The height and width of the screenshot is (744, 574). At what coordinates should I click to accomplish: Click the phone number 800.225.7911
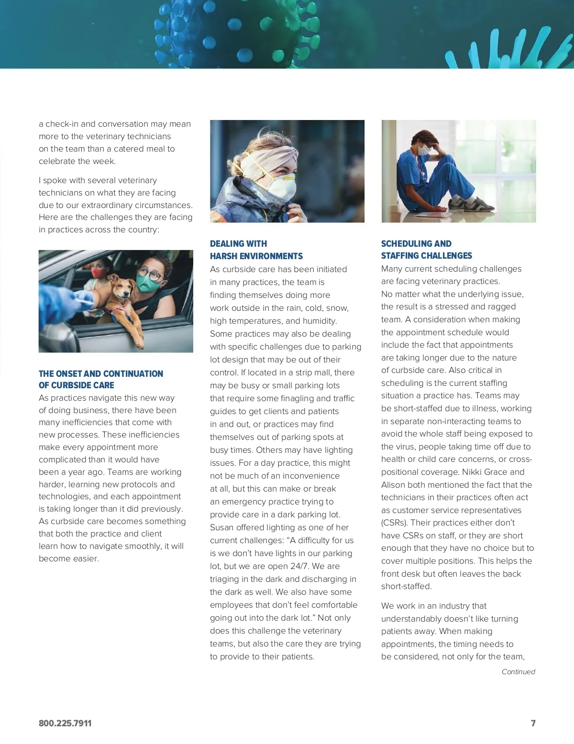tap(65, 723)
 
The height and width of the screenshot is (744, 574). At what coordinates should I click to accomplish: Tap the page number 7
tap(533, 723)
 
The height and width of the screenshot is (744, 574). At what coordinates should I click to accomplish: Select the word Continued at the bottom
tap(518, 672)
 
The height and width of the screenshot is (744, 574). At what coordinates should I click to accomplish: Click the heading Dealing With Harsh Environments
tap(256, 250)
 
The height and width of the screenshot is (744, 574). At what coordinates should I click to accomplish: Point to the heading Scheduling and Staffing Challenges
tap(426, 250)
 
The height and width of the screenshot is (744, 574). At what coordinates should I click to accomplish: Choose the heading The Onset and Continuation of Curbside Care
tap(100, 379)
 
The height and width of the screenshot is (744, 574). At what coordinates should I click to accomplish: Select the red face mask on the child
tap(99, 273)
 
